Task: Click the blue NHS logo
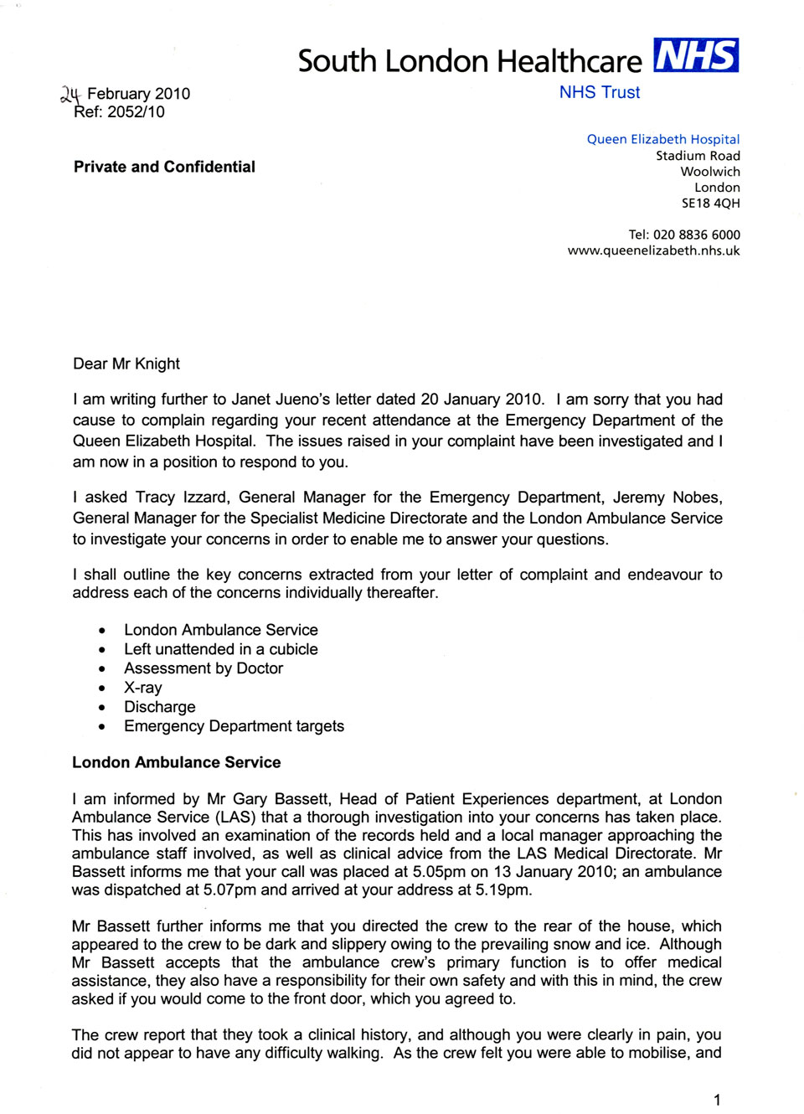coord(695,55)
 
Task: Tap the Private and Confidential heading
coord(164,167)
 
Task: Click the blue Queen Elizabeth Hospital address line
coord(662,139)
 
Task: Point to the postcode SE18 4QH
coord(710,204)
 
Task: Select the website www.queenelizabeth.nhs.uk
coord(653,250)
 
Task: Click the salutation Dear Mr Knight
coord(126,364)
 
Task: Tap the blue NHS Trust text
coord(600,93)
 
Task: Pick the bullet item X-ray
coord(143,688)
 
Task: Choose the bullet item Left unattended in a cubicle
coord(221,649)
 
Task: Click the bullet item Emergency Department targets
coord(234,726)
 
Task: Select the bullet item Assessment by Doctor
coord(204,668)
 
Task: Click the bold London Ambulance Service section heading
coord(176,762)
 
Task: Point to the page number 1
coord(716,1100)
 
